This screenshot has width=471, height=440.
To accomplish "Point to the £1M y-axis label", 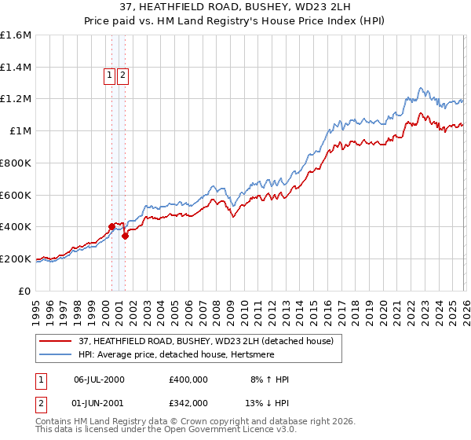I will click(x=20, y=131).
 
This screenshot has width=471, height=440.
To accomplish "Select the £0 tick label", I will click(x=25, y=291).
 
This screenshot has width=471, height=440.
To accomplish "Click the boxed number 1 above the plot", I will click(x=109, y=75).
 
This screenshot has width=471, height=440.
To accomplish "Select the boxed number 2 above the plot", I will click(x=123, y=75).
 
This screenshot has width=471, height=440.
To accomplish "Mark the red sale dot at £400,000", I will click(x=111, y=227).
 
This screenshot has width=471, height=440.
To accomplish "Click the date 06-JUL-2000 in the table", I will click(x=99, y=379).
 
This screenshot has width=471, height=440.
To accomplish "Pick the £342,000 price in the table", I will click(x=188, y=401).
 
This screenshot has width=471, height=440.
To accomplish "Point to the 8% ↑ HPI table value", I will click(x=269, y=379).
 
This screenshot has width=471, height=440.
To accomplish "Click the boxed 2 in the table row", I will click(x=39, y=401).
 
